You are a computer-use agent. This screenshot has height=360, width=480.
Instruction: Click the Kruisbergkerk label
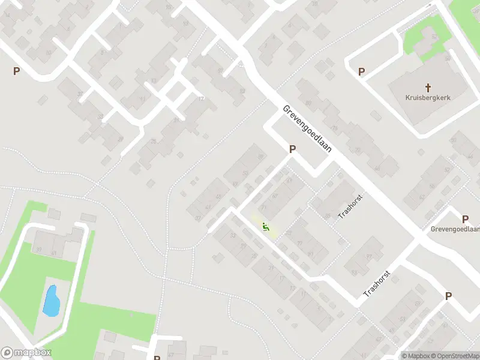click(428, 97)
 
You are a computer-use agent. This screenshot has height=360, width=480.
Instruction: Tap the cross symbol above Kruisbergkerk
click(428, 86)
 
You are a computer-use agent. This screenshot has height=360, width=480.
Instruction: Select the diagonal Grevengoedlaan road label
click(307, 130)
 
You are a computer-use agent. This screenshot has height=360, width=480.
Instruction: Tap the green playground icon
click(265, 227)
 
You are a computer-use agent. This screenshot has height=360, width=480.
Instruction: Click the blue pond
click(51, 301)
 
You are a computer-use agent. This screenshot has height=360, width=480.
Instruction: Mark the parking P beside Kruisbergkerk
click(361, 72)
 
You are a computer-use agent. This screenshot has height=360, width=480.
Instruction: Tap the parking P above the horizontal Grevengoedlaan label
click(465, 219)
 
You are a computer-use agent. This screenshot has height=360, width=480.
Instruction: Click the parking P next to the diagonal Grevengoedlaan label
click(292, 149)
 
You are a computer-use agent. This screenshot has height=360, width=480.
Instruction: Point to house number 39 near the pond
click(40, 249)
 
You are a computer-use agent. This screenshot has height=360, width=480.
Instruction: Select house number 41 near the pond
click(54, 253)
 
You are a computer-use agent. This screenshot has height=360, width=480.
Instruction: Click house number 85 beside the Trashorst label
click(328, 215)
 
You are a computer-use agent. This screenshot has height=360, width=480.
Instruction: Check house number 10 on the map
click(48, 52)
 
